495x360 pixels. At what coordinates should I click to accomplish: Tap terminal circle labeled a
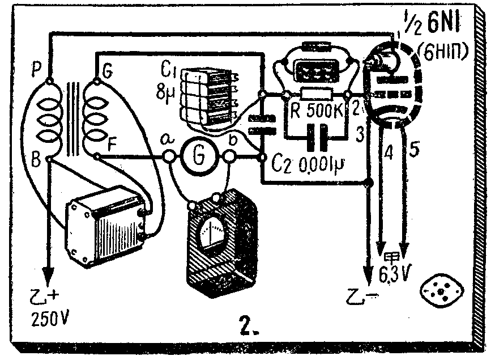point(168,156)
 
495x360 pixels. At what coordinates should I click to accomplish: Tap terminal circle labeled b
point(229,156)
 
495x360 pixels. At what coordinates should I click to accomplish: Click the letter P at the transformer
point(38,70)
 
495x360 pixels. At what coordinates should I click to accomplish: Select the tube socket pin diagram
point(441,290)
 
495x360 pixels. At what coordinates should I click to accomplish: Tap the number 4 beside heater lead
point(389,152)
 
